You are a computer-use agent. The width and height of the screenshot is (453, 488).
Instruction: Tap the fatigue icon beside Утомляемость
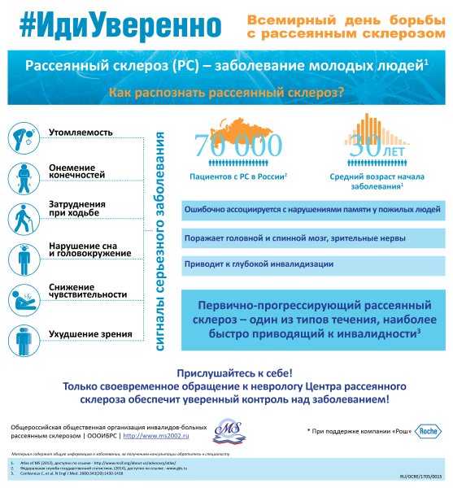26,137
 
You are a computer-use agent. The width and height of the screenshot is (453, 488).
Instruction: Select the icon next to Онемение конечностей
26,177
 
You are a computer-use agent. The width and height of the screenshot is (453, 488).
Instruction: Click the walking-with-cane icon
26,217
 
